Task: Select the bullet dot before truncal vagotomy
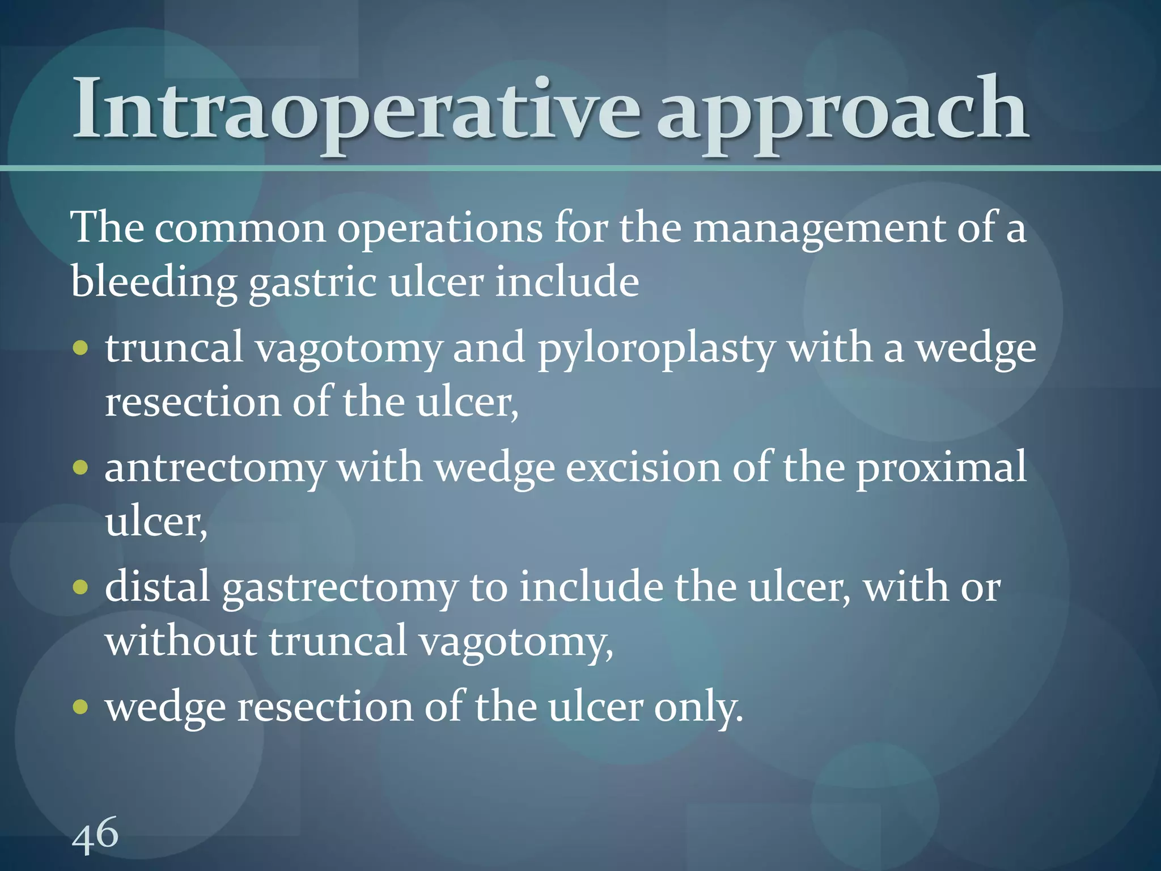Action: tap(81, 348)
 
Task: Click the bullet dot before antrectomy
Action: tap(81, 468)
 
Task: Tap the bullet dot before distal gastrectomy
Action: tap(81, 587)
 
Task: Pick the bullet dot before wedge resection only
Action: tap(81, 707)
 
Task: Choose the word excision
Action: tap(643, 468)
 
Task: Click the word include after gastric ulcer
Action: tap(567, 282)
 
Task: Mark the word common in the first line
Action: tap(240, 229)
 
